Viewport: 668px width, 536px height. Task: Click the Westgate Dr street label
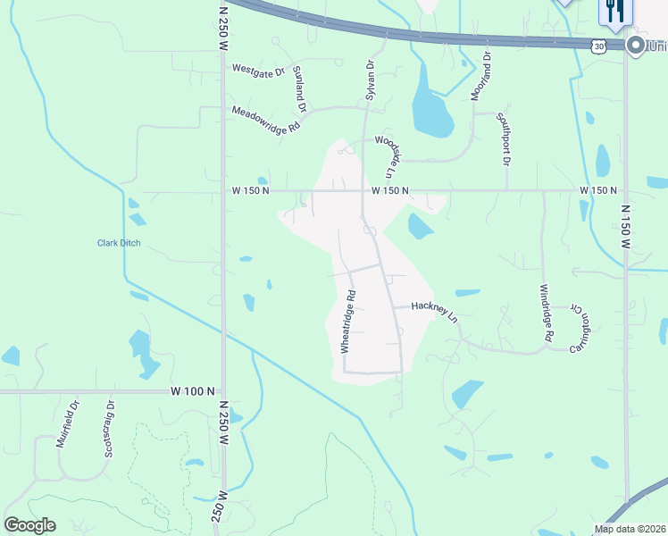coord(257,70)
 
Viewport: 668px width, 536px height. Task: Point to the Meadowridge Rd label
coord(265,121)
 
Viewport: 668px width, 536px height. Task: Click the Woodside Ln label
coord(385,155)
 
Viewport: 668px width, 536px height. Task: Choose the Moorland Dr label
coord(481,76)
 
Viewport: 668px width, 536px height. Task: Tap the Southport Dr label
coord(504,138)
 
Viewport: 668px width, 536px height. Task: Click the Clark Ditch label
coord(119,243)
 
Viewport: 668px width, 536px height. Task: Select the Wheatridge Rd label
coord(348,321)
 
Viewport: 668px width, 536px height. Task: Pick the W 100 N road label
coord(193,391)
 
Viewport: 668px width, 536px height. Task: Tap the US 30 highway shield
coord(597,44)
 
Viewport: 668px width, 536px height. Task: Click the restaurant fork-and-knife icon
coord(614,11)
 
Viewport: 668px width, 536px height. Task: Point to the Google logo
coord(29,525)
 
